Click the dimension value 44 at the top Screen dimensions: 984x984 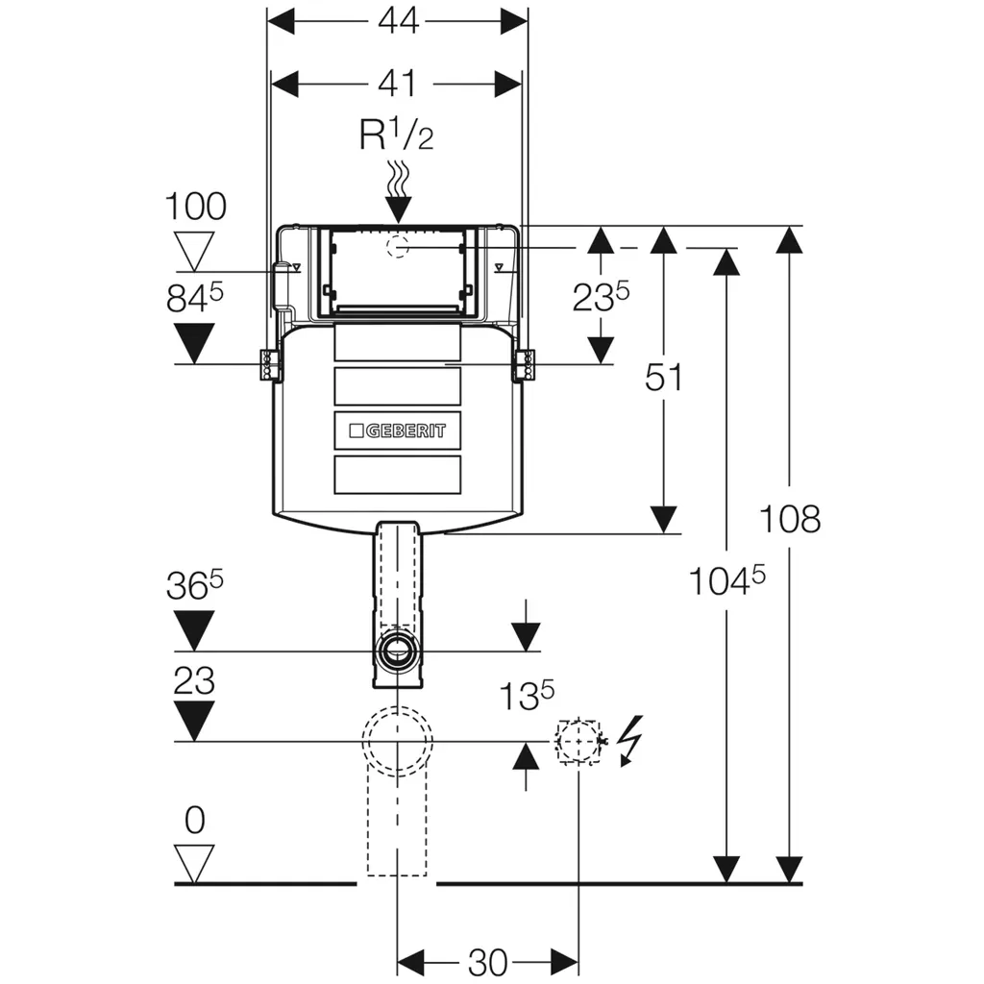coord(397,20)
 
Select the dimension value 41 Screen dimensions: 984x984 coord(397,84)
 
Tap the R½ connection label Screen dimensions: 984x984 coord(397,135)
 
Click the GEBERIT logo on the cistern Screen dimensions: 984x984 coord(397,430)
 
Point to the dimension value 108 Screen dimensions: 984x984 coord(790,520)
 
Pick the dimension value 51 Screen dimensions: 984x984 coord(663,378)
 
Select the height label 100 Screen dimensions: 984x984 coord(196,207)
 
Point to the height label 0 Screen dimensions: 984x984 coord(195,821)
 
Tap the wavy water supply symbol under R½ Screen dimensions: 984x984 coord(397,178)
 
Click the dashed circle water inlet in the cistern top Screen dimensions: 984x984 coord(397,247)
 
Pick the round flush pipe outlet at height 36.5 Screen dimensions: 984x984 coord(397,651)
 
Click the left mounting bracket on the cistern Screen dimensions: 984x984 coord(267,365)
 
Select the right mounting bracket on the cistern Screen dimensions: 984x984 coord(527,365)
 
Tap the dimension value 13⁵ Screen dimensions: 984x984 coord(526,695)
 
